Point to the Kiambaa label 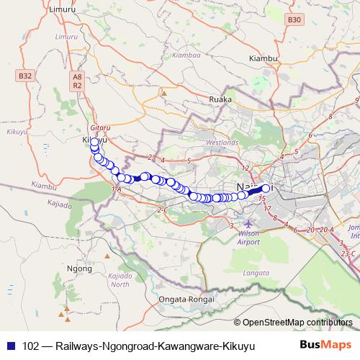pos(186,54)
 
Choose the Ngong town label pos(77,268)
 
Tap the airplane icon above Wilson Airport pos(249,221)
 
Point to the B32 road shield pos(24,74)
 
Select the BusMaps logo pos(325,346)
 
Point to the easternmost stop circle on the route pos(266,189)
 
